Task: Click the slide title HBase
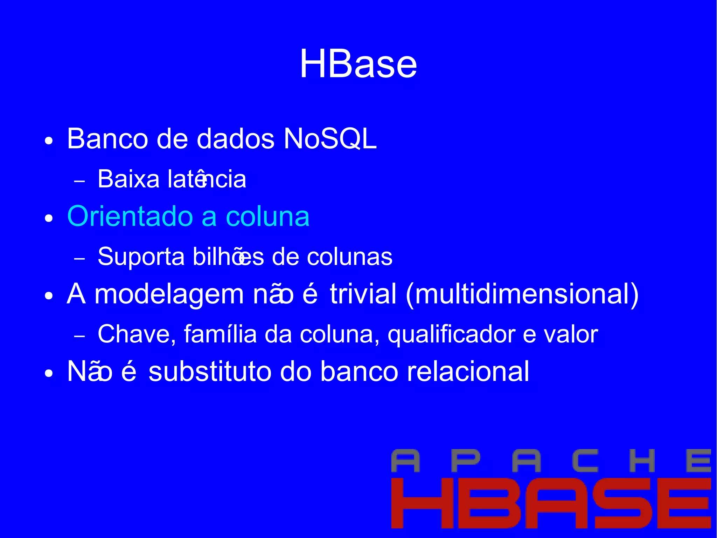358,64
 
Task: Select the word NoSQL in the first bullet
330,139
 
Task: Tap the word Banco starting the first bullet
107,139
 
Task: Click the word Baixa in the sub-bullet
128,179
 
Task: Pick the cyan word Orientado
130,216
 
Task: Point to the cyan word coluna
268,216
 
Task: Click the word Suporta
141,257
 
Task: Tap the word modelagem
169,294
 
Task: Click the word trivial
363,294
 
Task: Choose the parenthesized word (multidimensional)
522,295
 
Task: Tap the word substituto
209,372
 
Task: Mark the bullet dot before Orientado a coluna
49,219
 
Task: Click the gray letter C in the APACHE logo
585,461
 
